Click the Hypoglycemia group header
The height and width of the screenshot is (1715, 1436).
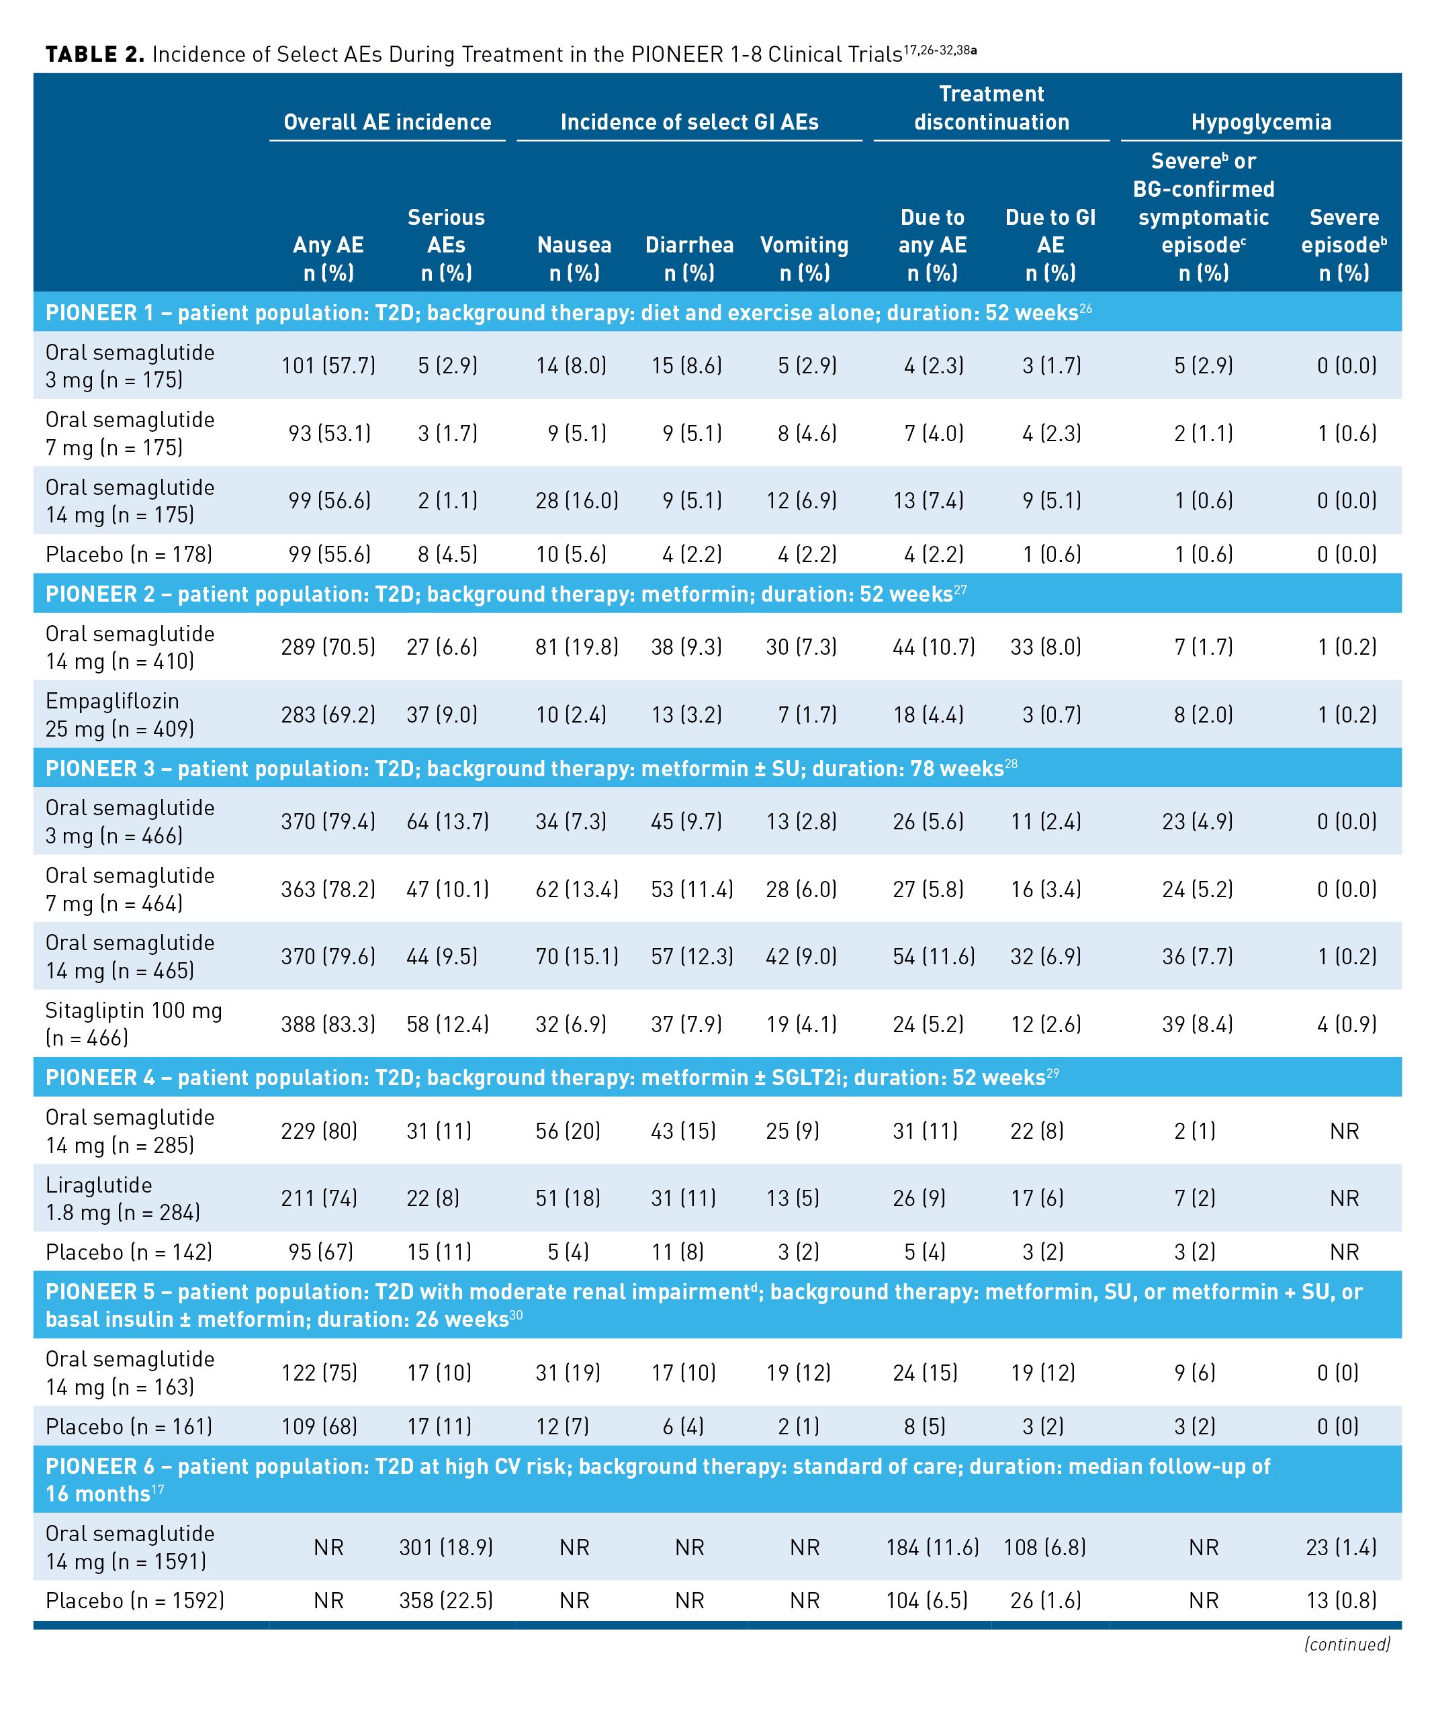point(1261,122)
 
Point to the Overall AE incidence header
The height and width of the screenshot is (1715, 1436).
point(387,122)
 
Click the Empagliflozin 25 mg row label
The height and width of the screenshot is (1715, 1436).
point(120,714)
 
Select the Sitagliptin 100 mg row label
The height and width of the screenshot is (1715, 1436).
point(133,1023)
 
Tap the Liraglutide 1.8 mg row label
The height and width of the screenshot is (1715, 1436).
point(122,1198)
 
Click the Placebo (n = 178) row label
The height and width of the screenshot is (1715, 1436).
point(129,555)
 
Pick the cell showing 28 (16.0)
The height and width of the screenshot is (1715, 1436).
point(577,501)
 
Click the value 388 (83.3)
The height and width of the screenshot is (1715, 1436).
point(328,1024)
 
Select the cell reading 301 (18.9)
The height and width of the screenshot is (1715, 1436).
point(446,1548)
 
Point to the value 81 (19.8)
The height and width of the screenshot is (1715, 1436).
point(577,647)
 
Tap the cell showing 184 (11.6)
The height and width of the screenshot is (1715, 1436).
point(932,1548)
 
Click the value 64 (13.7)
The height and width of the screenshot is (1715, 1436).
point(447,821)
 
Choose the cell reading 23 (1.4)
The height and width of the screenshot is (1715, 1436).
point(1346,1548)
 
